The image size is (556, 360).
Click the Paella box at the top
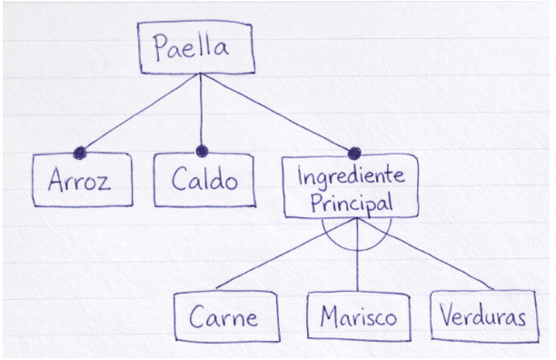pos(196,48)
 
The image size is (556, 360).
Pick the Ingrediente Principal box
pos(351,188)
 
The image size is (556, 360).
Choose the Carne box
pos(224,317)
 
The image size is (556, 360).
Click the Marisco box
pos(358,317)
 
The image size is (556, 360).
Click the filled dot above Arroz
pos(80,152)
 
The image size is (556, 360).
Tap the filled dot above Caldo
pos(202,151)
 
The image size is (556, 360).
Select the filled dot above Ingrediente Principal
pos(353,151)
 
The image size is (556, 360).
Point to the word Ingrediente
pos(351,176)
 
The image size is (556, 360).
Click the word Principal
pos(351,202)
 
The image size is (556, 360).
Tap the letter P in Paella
pos(163,47)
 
